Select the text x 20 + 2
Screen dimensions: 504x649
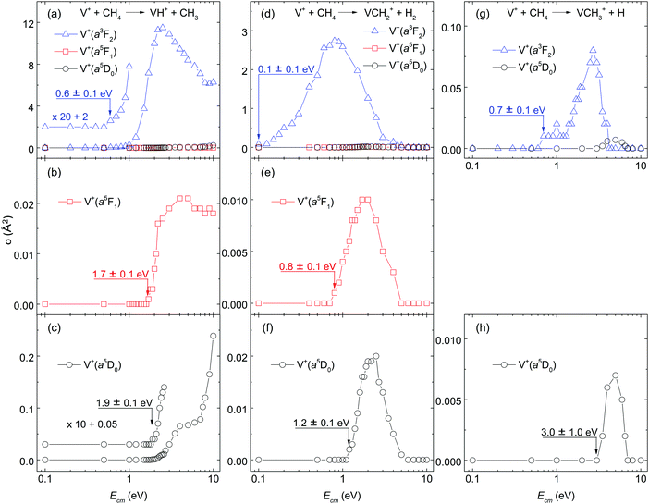(75, 117)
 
